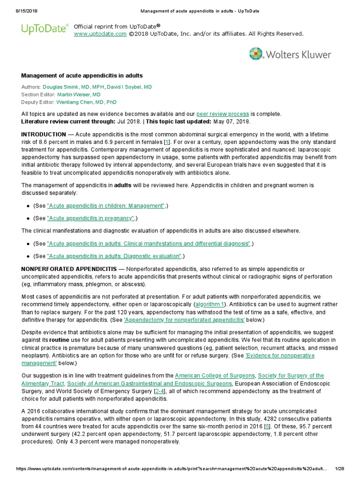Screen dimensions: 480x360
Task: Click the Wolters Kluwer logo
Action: click(x=290, y=54)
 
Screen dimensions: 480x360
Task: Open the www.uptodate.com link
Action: click(x=100, y=34)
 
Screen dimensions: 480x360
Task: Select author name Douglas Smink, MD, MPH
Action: click(x=73, y=87)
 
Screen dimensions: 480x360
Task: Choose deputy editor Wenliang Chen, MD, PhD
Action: click(x=86, y=102)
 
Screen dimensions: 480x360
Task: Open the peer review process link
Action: click(x=223, y=114)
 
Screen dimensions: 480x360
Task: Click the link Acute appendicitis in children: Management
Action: click(x=106, y=206)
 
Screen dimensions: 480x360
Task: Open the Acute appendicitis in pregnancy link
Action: click(x=91, y=218)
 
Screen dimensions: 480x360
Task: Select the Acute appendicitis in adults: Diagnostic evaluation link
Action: click(x=114, y=256)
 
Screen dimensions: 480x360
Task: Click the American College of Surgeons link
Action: click(x=215, y=376)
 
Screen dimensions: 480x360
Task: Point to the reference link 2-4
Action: click(x=160, y=391)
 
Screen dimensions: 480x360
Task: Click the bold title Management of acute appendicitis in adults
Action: click(x=82, y=75)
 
